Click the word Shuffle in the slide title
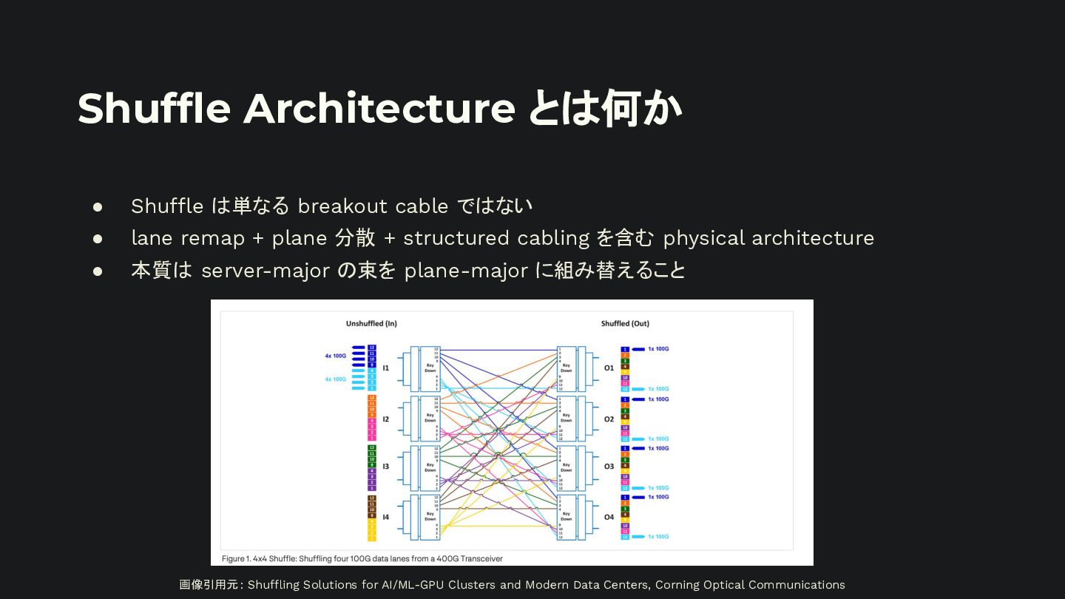coord(154,108)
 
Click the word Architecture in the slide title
coord(379,108)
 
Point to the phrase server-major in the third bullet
coord(266,271)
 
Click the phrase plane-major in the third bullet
coord(466,271)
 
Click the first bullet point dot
coord(98,206)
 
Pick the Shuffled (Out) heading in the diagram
coord(625,324)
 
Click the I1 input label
coord(385,368)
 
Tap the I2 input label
coord(385,419)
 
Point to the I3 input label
coord(385,467)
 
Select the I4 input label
coord(385,517)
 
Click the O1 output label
coord(609,368)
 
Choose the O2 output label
coord(609,419)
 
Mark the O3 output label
coord(609,467)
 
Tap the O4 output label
coord(609,517)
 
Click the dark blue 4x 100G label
coord(336,356)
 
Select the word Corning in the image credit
coord(679,585)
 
